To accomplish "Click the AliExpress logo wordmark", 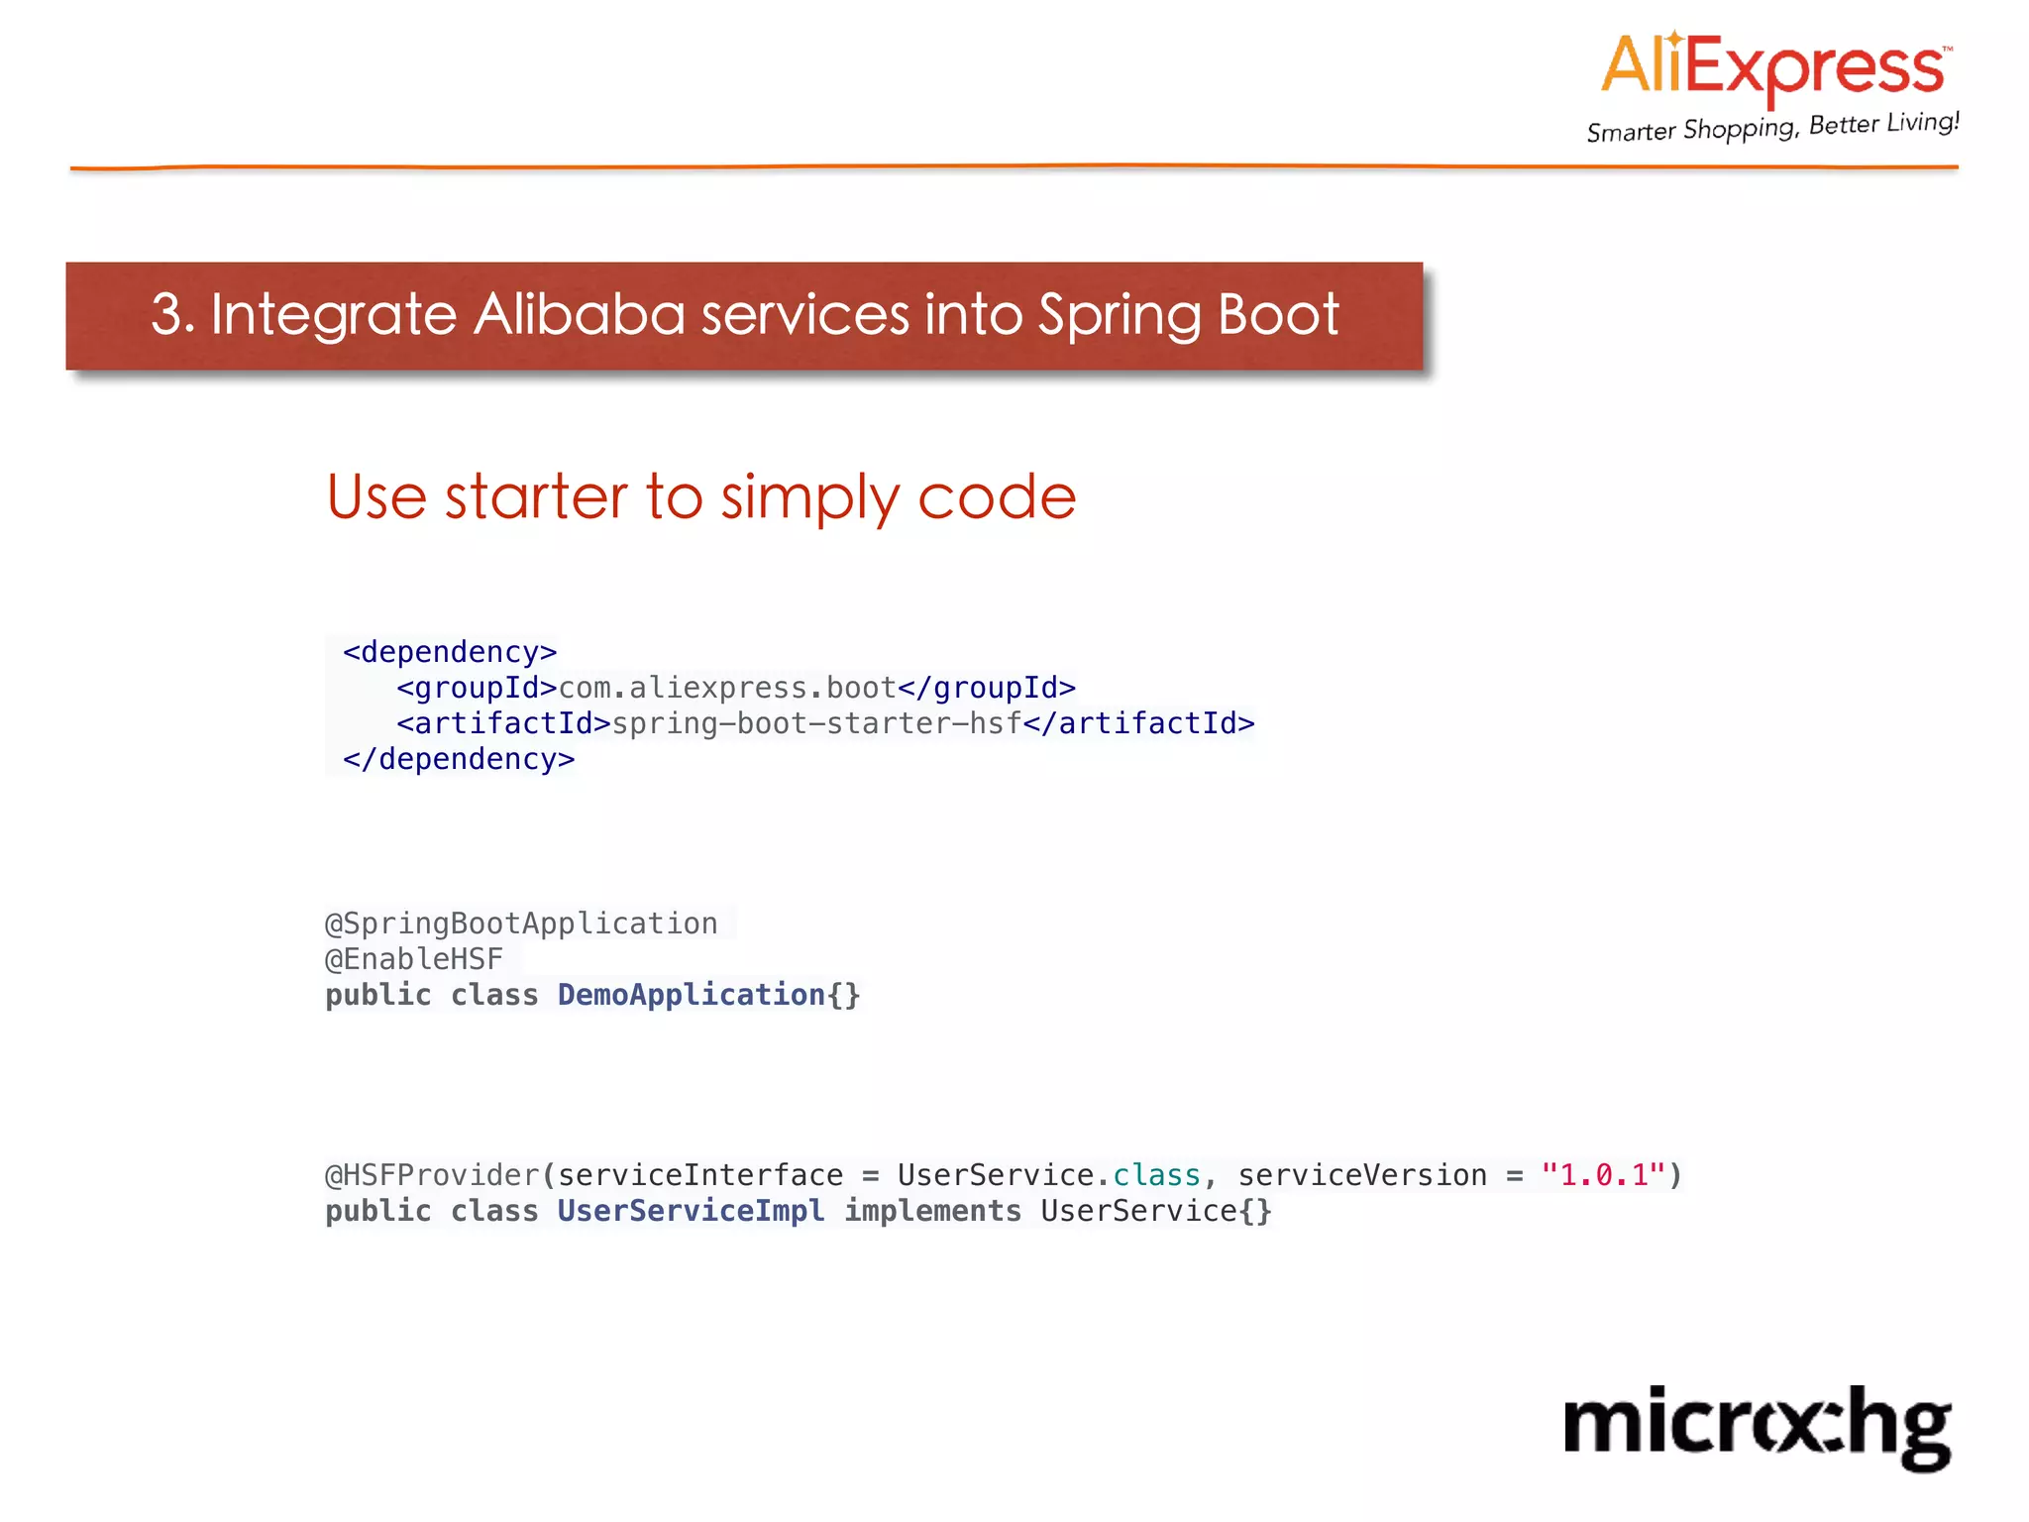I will (1773, 67).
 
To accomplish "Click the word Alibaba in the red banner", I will (579, 315).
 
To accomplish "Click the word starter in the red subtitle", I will (536, 496).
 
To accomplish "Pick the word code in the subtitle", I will (996, 496).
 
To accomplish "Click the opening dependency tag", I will (450, 652).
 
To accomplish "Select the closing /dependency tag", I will (459, 759).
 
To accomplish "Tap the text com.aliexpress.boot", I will (727, 688).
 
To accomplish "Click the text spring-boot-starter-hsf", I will (816, 723).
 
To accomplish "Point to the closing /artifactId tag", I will (1138, 723).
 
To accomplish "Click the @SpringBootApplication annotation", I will (521, 924).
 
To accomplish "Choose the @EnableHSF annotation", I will (414, 959).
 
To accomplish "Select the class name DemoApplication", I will (691, 995).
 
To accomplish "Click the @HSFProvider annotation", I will (432, 1175).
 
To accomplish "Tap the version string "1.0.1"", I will (1603, 1175).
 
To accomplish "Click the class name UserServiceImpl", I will (691, 1211).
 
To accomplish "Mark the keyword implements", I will (932, 1211).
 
